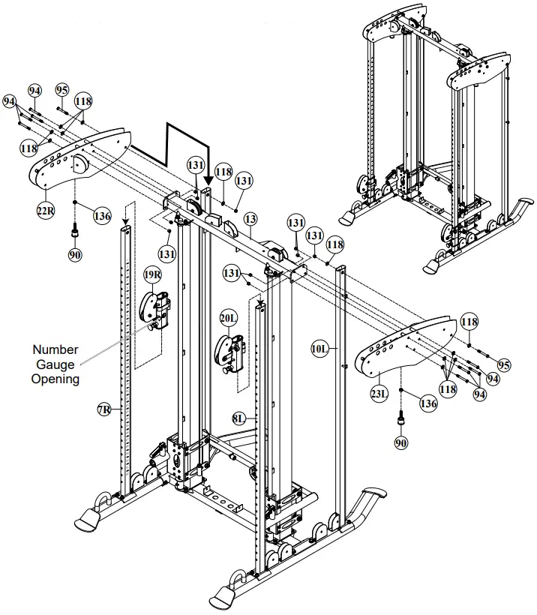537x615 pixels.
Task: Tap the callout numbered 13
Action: [250, 219]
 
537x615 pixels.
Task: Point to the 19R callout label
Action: [152, 275]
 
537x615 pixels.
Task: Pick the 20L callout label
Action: [229, 318]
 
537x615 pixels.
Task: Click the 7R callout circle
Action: [105, 409]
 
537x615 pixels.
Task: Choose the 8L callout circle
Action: [239, 419]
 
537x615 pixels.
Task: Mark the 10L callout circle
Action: [319, 348]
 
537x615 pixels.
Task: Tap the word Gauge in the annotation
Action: [56, 364]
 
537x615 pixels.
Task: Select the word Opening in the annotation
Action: [55, 379]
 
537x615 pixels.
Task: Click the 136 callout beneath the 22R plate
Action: [102, 216]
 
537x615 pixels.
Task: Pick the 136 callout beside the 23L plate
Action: [427, 403]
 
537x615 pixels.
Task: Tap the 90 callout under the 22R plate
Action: [75, 256]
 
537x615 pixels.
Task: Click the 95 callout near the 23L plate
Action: [504, 365]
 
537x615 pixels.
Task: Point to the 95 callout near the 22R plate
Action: [62, 91]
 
